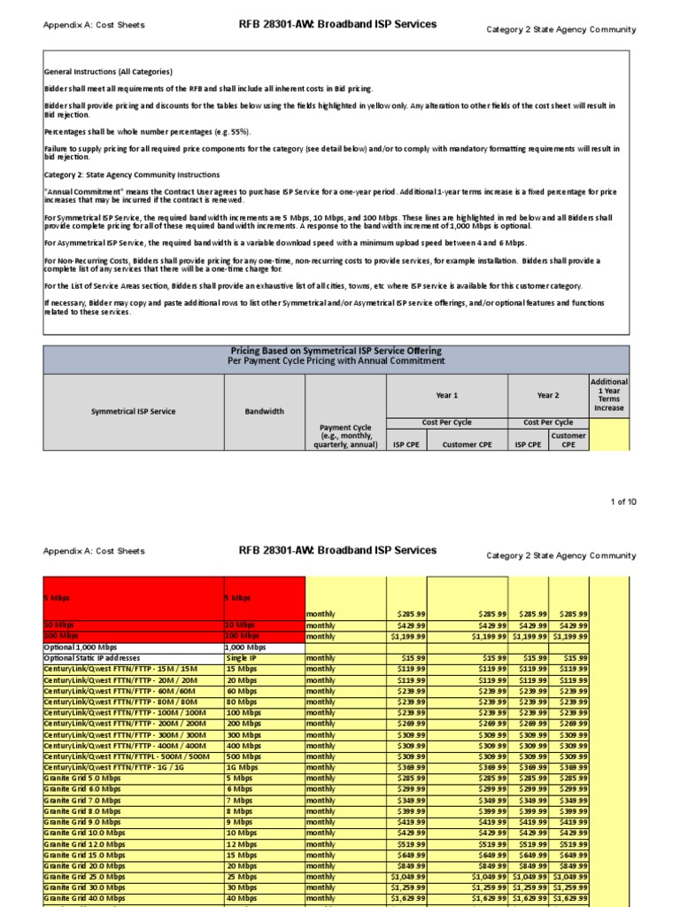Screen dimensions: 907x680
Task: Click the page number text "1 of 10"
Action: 622,502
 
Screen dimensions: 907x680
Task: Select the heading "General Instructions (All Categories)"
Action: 108,72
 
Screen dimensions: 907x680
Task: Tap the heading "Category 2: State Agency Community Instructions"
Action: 132,174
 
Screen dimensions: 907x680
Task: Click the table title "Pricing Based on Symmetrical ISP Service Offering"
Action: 336,351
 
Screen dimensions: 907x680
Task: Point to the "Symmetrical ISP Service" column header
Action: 133,411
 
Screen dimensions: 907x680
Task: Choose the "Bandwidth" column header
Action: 264,411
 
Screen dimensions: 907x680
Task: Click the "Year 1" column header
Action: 446,395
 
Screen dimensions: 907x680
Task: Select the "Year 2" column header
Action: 548,395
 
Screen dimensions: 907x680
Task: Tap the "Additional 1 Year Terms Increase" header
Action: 609,395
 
